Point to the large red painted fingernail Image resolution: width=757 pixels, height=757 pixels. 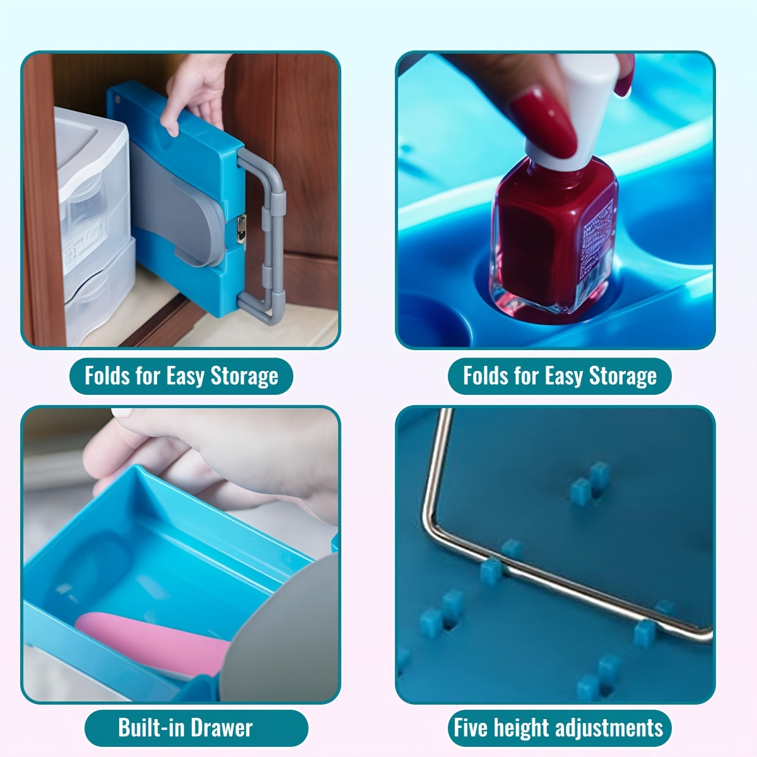click(x=543, y=122)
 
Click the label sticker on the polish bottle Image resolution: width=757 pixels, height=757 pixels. click(x=597, y=235)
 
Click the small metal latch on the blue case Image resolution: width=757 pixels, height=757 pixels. click(x=241, y=228)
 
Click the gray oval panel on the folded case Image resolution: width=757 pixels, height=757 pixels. click(x=177, y=204)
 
